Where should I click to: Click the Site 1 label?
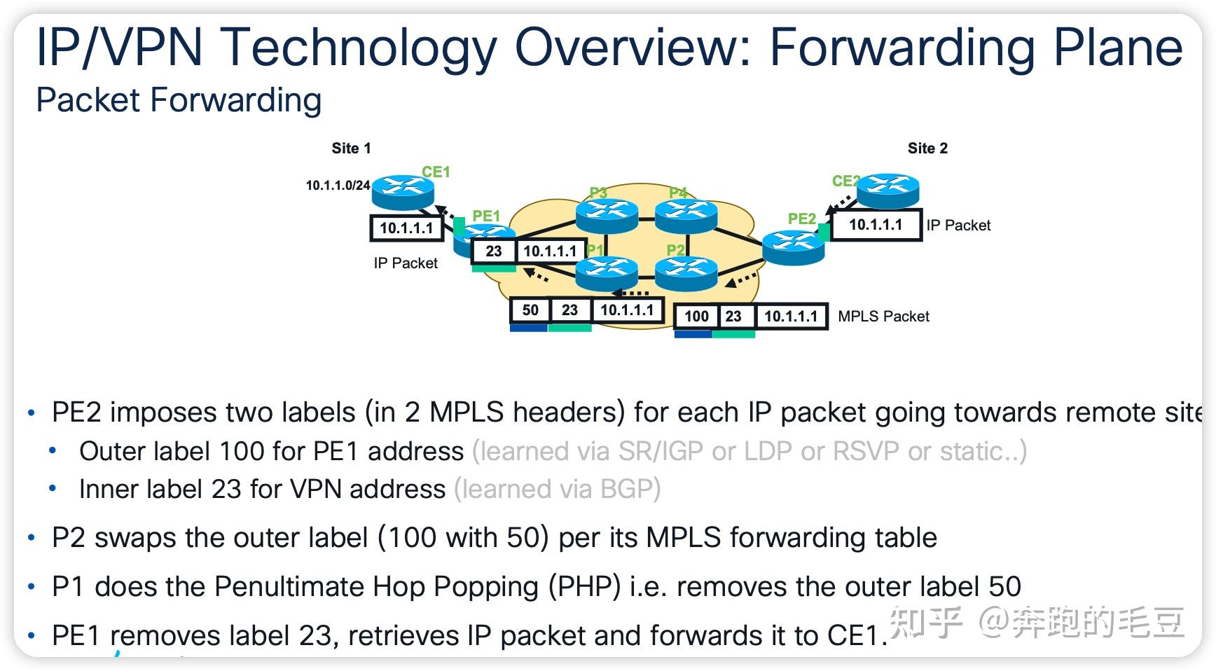coord(351,148)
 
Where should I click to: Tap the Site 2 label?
coord(927,148)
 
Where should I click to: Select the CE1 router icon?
coord(403,191)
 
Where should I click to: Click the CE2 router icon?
coord(887,189)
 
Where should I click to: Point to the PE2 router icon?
coord(793,247)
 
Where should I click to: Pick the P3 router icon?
coord(607,214)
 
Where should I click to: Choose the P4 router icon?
coord(686,214)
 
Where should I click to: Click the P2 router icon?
coord(686,272)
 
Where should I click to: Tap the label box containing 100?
coord(696,316)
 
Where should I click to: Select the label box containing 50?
coord(530,310)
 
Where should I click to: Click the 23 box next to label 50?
coord(569,310)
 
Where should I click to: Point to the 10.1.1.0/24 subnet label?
coord(338,186)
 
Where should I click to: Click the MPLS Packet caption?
coord(883,316)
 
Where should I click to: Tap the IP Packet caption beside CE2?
coord(958,225)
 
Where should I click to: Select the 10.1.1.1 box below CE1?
coord(406,228)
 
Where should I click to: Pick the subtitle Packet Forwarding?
coord(179,100)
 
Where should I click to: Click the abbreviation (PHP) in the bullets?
coord(585,586)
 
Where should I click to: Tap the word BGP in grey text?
coord(626,489)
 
